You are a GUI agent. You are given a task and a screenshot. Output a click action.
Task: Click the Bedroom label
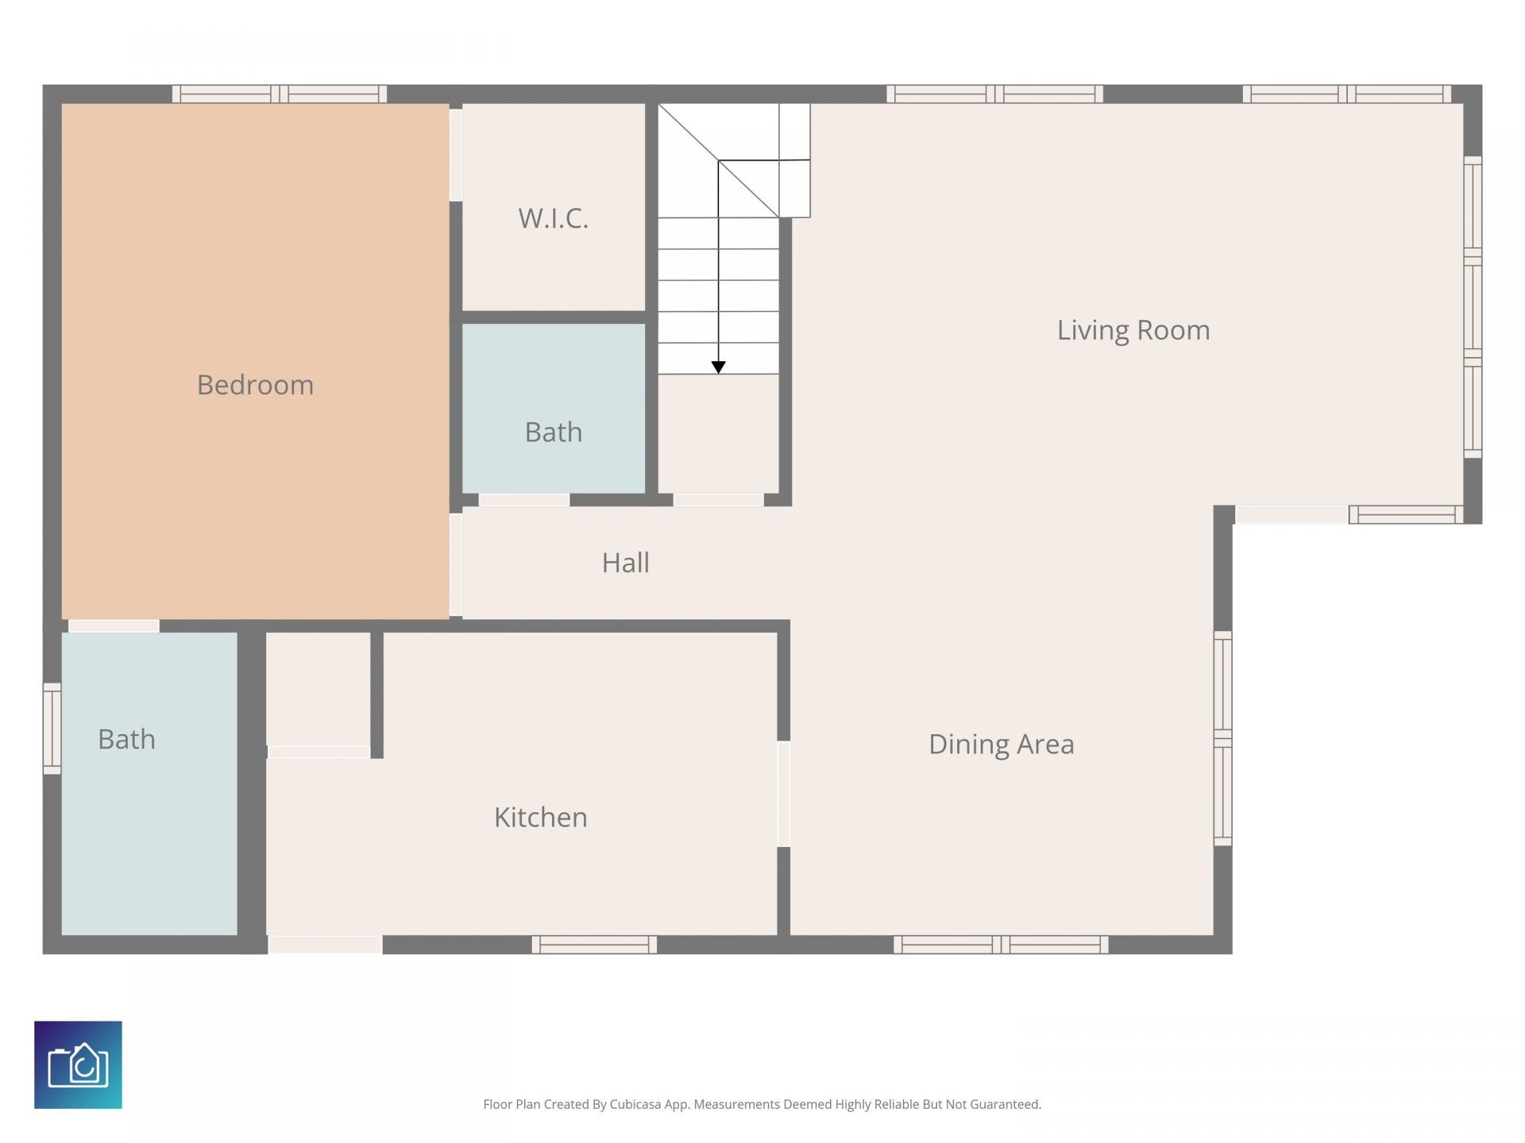pyautogui.click(x=255, y=385)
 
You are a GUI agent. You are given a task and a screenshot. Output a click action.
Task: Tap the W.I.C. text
pyautogui.click(x=553, y=218)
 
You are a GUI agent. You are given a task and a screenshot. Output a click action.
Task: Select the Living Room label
pyautogui.click(x=1133, y=330)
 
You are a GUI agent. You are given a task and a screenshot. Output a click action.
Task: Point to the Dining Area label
pyautogui.click(x=1001, y=745)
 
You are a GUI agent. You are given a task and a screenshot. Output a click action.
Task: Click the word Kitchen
pyautogui.click(x=540, y=818)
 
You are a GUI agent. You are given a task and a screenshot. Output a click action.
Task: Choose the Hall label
pyautogui.click(x=625, y=563)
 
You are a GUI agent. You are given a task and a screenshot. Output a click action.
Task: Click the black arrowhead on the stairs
pyautogui.click(x=718, y=367)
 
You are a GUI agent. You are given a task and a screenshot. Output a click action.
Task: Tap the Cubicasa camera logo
pyautogui.click(x=78, y=1064)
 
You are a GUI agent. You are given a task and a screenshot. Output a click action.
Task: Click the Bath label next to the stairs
pyautogui.click(x=553, y=433)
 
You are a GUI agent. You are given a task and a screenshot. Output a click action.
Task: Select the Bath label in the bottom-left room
pyautogui.click(x=126, y=740)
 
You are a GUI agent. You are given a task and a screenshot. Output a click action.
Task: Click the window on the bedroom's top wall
pyautogui.click(x=280, y=94)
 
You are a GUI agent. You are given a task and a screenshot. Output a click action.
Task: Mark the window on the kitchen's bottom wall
pyautogui.click(x=594, y=945)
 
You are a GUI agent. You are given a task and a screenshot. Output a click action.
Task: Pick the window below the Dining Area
pyautogui.click(x=1001, y=945)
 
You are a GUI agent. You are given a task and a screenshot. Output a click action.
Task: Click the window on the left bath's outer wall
pyautogui.click(x=52, y=728)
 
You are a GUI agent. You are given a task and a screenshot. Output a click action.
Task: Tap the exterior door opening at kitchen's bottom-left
pyautogui.click(x=325, y=945)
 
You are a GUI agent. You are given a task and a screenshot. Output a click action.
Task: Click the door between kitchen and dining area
pyautogui.click(x=783, y=794)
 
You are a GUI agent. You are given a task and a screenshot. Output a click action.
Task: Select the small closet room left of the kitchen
pyautogui.click(x=318, y=688)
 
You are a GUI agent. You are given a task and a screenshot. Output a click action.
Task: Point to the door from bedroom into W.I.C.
pyautogui.click(x=456, y=155)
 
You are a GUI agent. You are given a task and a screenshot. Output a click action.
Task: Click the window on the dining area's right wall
pyautogui.click(x=1222, y=738)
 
